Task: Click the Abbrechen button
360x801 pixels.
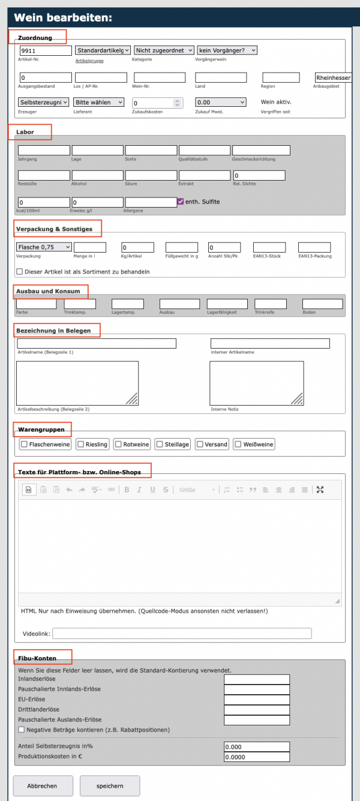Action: tap(43, 785)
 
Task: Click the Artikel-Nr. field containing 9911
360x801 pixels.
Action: tap(46, 51)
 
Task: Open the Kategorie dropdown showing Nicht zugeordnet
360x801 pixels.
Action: tap(164, 50)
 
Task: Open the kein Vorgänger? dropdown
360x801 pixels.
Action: tap(227, 50)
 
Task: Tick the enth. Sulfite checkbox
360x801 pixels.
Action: tap(181, 202)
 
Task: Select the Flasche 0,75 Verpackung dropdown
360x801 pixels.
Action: tap(44, 247)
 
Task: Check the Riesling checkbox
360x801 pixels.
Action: tap(81, 444)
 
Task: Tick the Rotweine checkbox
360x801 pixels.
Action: tap(118, 444)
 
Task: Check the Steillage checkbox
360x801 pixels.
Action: tap(160, 444)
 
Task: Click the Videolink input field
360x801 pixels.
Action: tap(182, 634)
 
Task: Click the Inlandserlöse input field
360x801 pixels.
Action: tap(257, 679)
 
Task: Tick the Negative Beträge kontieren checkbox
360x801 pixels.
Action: tap(22, 730)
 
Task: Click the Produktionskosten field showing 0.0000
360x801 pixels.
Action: tap(257, 757)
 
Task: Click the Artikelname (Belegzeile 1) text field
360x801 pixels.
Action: tap(97, 343)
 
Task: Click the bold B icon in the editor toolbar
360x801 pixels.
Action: tap(127, 490)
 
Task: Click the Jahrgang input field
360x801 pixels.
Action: tap(44, 150)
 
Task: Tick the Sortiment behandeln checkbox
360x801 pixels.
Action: tap(20, 271)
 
